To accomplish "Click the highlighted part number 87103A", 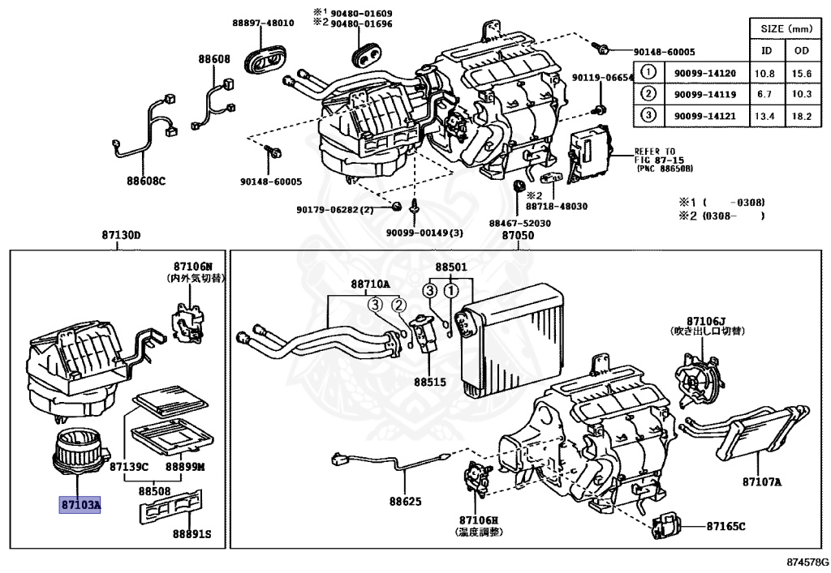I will click(x=80, y=505).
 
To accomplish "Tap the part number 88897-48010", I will click(x=263, y=23).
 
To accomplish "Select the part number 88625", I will click(x=405, y=502).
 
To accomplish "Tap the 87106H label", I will click(x=478, y=520).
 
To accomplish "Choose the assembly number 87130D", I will click(x=121, y=235).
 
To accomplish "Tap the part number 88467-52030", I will click(x=519, y=223).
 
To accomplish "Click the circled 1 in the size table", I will click(x=648, y=73).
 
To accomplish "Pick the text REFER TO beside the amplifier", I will click(x=654, y=151).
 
